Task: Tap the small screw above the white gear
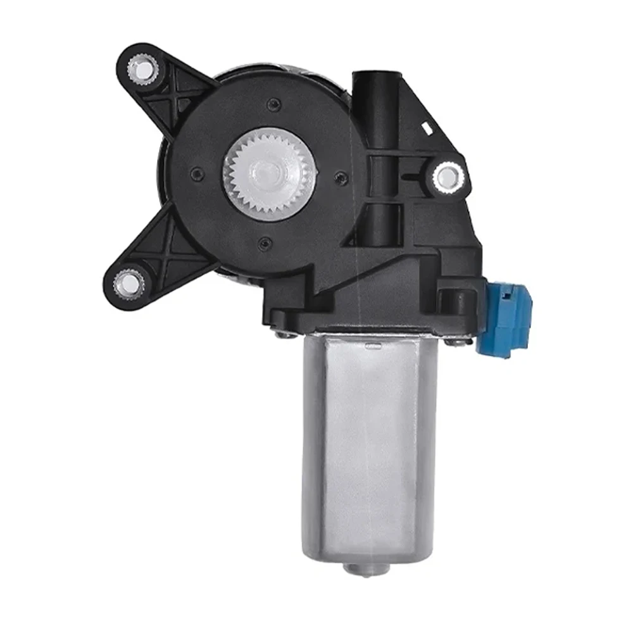tap(272, 105)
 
